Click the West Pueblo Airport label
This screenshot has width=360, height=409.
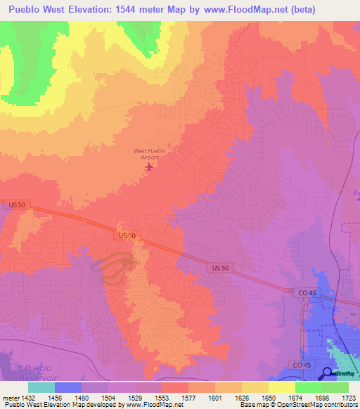(148, 154)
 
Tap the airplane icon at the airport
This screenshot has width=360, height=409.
(148, 167)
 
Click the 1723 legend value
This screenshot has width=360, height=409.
(348, 398)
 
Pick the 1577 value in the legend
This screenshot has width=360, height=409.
(188, 398)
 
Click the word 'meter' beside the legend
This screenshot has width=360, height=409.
(8, 398)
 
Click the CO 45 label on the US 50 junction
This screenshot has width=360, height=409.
(304, 291)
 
